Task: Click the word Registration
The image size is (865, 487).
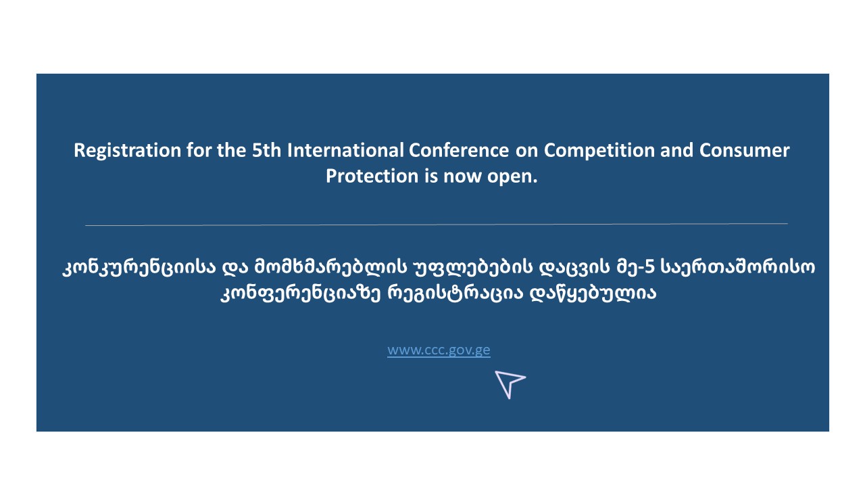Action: [128, 151]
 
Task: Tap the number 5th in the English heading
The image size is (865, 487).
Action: [266, 150]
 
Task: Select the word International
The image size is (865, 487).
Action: [345, 150]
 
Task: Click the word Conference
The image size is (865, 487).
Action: [459, 150]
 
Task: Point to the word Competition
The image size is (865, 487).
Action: [599, 151]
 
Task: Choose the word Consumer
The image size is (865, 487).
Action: [745, 150]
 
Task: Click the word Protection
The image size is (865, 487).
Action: [372, 177]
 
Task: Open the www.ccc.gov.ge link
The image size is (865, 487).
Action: [439, 350]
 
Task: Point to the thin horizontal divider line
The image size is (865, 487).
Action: [437, 224]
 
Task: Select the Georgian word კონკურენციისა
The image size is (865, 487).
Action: [139, 267]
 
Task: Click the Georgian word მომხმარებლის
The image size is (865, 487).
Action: [330, 266]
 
